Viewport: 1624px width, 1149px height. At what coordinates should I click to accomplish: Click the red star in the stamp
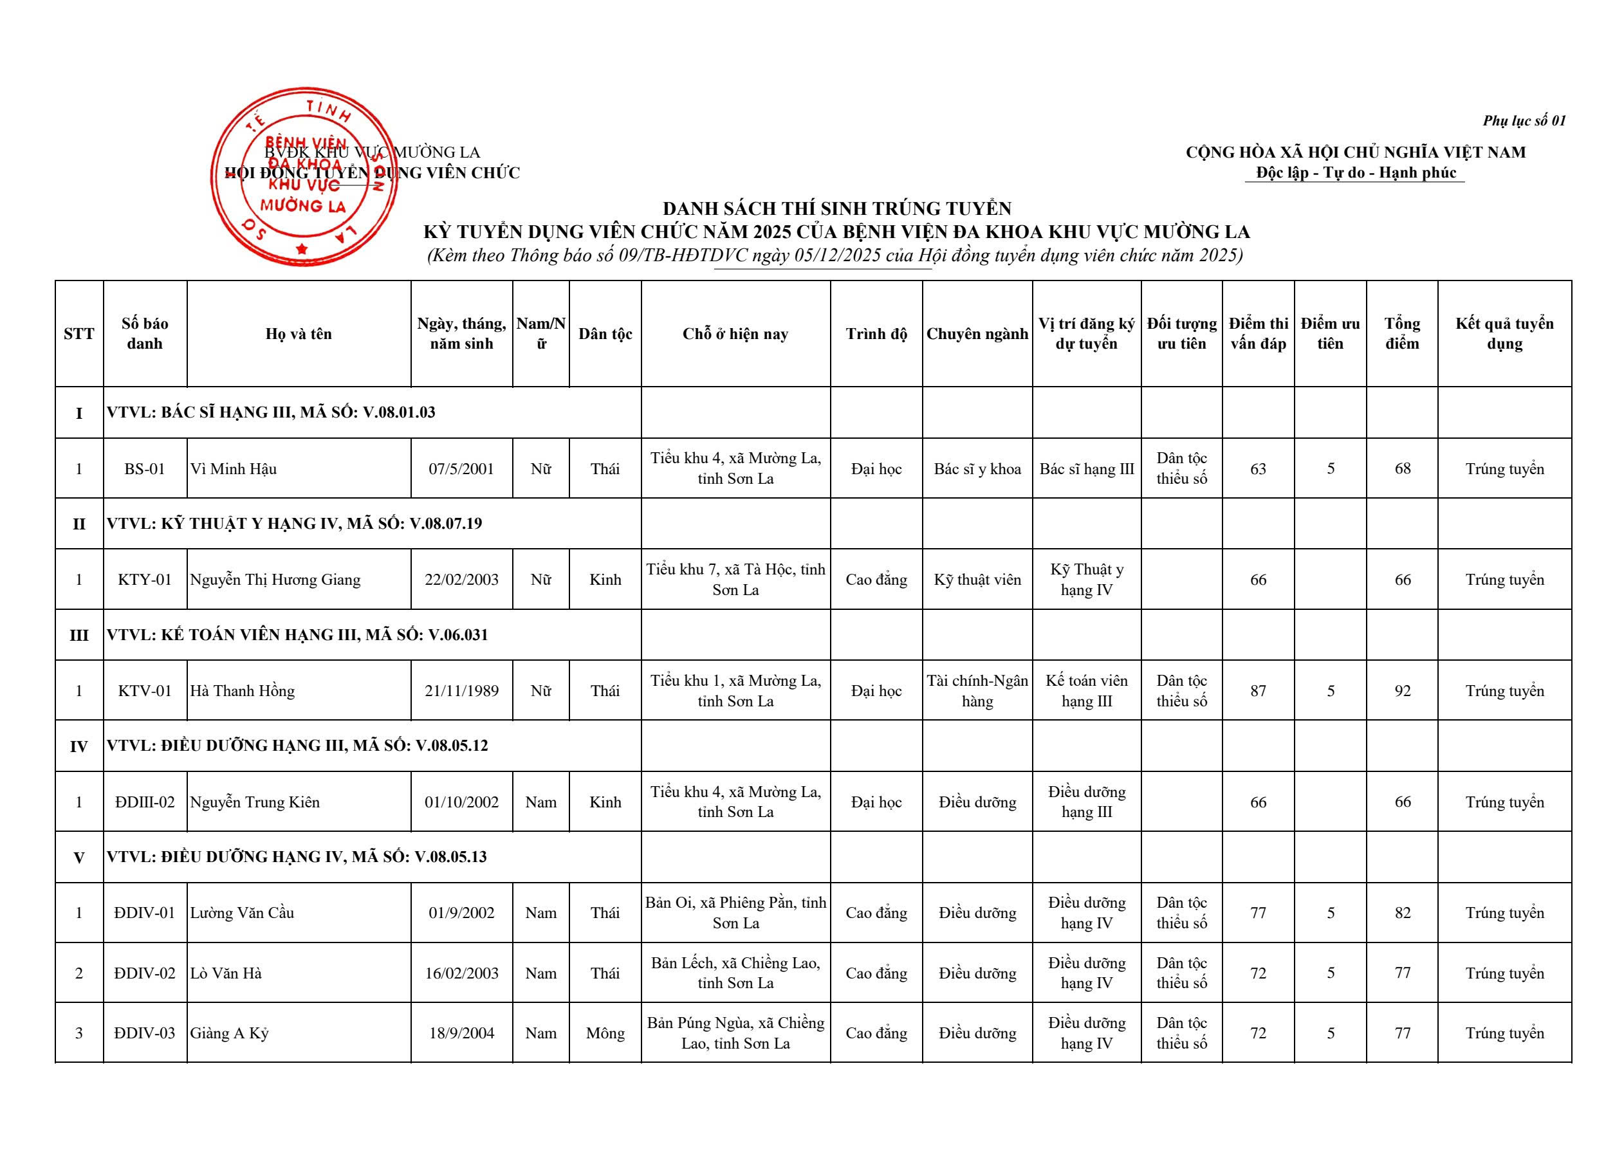[x=302, y=248]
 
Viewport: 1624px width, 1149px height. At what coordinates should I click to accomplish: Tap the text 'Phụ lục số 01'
[x=1524, y=121]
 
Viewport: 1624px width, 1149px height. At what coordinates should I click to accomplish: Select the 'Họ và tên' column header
[x=299, y=334]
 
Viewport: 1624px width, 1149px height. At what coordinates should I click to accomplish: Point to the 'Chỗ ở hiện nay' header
[x=735, y=334]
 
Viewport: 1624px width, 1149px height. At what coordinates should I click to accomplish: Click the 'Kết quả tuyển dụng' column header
[x=1504, y=334]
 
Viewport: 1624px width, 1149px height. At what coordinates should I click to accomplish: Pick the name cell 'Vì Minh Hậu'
[x=234, y=469]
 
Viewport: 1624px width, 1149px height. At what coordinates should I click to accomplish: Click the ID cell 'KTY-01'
[x=144, y=580]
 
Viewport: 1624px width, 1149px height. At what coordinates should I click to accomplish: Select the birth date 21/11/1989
[x=461, y=691]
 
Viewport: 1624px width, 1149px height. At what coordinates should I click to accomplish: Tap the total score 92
[x=1402, y=691]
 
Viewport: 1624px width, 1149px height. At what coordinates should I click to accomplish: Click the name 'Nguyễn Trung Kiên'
[x=255, y=802]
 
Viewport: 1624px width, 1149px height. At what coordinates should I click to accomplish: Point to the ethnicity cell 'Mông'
[x=605, y=1034]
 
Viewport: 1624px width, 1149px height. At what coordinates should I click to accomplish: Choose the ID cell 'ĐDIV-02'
[x=144, y=973]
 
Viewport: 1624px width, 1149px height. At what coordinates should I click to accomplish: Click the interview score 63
[x=1257, y=469]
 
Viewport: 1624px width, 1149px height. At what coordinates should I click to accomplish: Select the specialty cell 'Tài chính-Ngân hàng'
[x=977, y=691]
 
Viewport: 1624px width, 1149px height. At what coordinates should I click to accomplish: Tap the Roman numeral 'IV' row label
[x=78, y=746]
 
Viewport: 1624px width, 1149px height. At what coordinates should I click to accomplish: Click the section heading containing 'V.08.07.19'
[x=295, y=524]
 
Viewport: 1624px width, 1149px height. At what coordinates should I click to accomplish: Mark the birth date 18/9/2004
[x=461, y=1034]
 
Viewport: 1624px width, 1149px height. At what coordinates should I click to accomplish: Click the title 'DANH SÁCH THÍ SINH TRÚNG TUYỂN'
[x=836, y=208]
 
